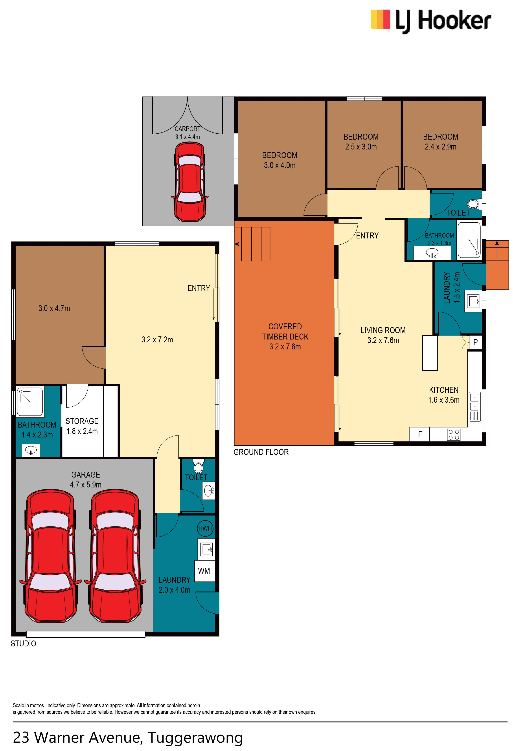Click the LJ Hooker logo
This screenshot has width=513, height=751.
[x=431, y=21]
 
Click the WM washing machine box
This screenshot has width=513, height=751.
[x=204, y=571]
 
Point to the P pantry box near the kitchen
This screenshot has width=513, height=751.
[x=475, y=342]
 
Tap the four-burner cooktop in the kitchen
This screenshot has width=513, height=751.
[x=454, y=435]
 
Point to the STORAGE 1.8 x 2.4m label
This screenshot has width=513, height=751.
[x=82, y=426]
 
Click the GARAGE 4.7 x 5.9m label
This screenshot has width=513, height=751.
[x=86, y=480]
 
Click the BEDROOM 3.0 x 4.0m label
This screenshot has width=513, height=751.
[x=280, y=160]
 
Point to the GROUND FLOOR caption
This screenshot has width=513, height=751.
[x=261, y=452]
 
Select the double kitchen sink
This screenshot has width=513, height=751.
[x=474, y=406]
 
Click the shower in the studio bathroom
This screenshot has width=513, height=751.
[x=30, y=402]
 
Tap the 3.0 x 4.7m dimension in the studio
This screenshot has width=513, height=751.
[x=54, y=308]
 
